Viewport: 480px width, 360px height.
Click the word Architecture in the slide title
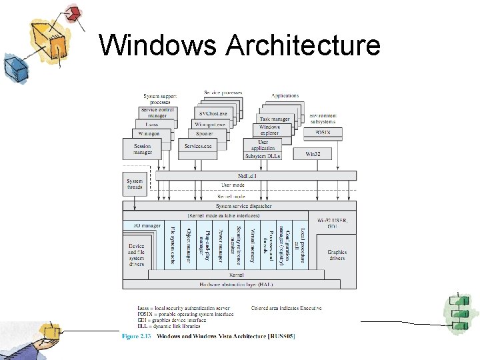(303, 45)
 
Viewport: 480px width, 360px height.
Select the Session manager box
(142, 149)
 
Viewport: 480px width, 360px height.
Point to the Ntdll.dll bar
(239, 175)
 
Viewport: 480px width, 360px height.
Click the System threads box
(135, 184)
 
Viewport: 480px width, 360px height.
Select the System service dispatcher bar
(239, 206)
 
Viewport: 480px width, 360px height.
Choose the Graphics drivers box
(336, 255)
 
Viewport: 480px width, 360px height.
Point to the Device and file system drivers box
(136, 255)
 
